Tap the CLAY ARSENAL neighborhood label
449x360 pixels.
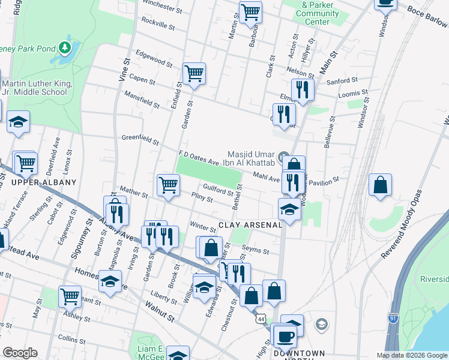coord(250,225)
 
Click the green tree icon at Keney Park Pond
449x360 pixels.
coord(65,47)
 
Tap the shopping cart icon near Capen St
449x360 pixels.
coord(194,74)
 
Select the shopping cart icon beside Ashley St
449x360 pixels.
coord(70,296)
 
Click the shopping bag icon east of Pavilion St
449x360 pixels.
coord(381,185)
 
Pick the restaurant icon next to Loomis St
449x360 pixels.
coord(303,90)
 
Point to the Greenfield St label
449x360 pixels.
coord(140,140)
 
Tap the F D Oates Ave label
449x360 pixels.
coord(199,158)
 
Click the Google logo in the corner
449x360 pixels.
coord(20,353)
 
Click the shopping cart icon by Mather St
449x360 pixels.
coord(168,185)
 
